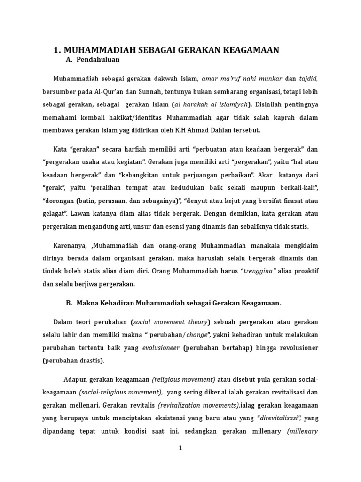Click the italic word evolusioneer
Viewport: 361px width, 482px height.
(x=161, y=348)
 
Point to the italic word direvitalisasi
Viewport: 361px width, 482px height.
(x=279, y=418)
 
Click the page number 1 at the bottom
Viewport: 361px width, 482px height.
(x=180, y=448)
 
